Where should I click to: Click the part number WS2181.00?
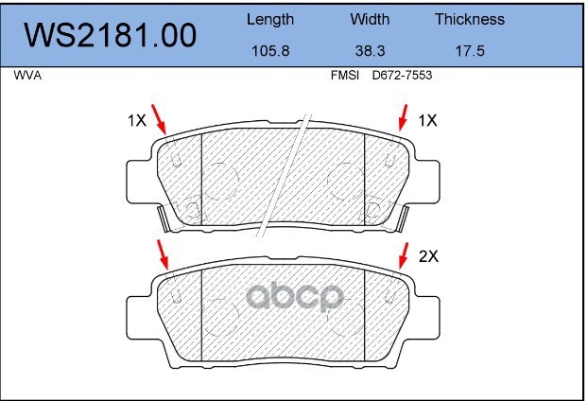pyautogui.click(x=111, y=35)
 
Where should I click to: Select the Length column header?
pyautogui.click(x=270, y=20)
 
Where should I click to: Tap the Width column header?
pyautogui.click(x=370, y=19)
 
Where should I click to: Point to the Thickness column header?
pyautogui.click(x=470, y=19)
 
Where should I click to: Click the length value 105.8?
pyautogui.click(x=270, y=51)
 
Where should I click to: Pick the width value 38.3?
pyautogui.click(x=370, y=51)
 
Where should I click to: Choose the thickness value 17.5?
pyautogui.click(x=470, y=51)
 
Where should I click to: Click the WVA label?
pyautogui.click(x=27, y=76)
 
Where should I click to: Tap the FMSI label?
pyautogui.click(x=345, y=76)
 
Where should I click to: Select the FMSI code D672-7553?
pyautogui.click(x=402, y=76)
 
